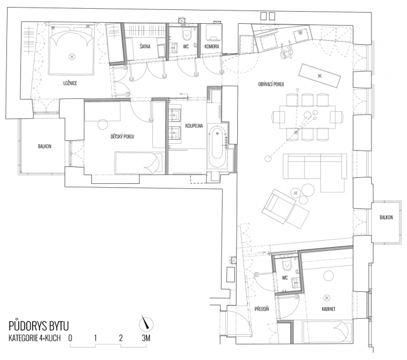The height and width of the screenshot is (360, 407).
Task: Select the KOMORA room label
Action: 211,46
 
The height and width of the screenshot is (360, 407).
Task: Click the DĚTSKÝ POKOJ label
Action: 122,137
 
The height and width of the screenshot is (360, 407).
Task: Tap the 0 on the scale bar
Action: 70,337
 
